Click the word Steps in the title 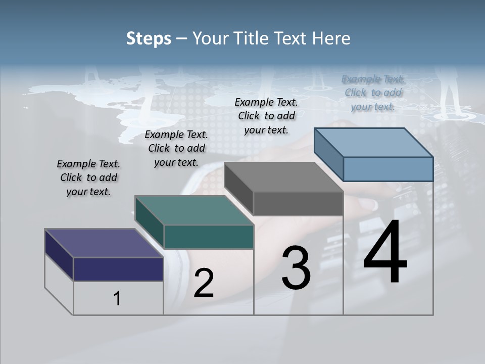[149, 38]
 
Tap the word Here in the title [331, 38]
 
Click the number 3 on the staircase [296, 267]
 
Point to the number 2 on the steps [204, 283]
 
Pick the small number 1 [117, 299]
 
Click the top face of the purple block [104, 243]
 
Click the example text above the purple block [88, 178]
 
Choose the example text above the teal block [176, 148]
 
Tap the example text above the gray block [266, 116]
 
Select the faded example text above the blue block [373, 93]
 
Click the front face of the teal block [209, 237]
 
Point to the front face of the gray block [298, 204]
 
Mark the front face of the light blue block [388, 169]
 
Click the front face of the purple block [118, 269]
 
